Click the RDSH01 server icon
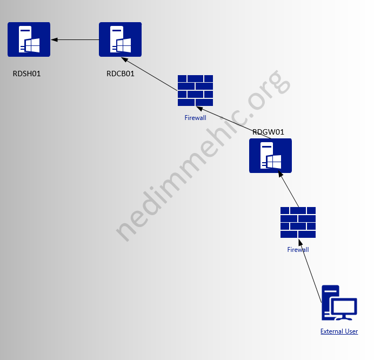[x=29, y=39]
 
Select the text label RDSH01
[x=27, y=74]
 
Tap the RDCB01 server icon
[x=120, y=39]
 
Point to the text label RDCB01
[x=121, y=74]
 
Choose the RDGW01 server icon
[x=270, y=156]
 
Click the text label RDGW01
[x=268, y=131]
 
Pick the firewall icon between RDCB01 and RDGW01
[x=195, y=90]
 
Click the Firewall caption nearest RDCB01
[x=195, y=117]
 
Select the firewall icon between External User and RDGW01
[x=298, y=222]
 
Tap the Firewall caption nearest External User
[x=298, y=250]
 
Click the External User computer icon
[x=339, y=303]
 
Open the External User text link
[x=339, y=331]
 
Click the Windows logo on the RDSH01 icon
[x=33, y=45]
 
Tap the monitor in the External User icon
[x=344, y=308]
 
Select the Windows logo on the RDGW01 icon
[x=275, y=161]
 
